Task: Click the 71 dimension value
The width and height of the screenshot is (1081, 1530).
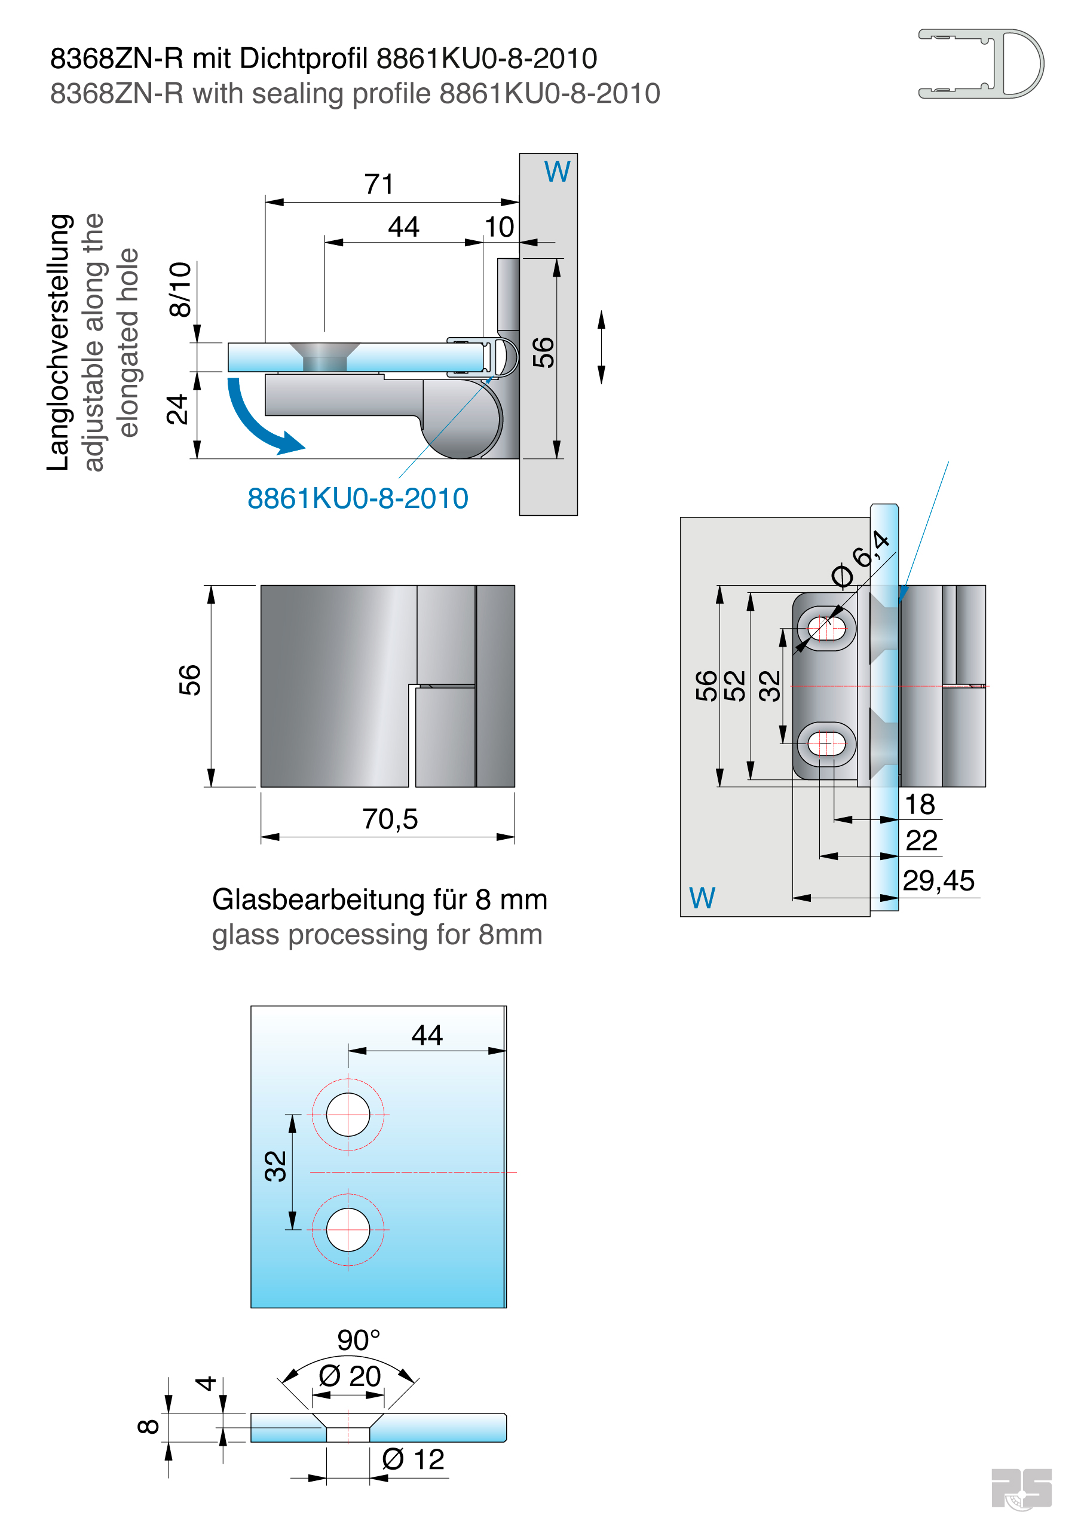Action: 378,184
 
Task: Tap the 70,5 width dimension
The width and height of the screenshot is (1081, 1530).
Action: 390,819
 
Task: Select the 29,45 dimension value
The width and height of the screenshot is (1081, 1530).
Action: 938,881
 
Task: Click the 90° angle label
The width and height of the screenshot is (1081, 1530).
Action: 358,1340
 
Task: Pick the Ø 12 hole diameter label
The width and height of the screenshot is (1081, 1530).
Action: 413,1459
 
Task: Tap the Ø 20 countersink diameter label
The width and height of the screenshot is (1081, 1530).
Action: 349,1376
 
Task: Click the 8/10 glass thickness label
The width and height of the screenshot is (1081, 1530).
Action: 180,289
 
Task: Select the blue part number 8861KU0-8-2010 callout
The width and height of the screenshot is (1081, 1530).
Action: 357,498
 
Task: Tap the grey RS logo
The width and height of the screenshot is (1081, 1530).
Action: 1021,1488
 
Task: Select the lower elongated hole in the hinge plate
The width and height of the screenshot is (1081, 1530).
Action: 826,743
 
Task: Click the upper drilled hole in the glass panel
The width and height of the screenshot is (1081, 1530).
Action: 348,1114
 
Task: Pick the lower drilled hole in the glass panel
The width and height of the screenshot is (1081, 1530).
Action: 348,1229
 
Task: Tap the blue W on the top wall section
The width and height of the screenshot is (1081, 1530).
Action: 557,172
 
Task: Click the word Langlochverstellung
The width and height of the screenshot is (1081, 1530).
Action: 59,342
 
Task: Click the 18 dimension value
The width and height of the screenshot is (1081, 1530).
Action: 920,804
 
